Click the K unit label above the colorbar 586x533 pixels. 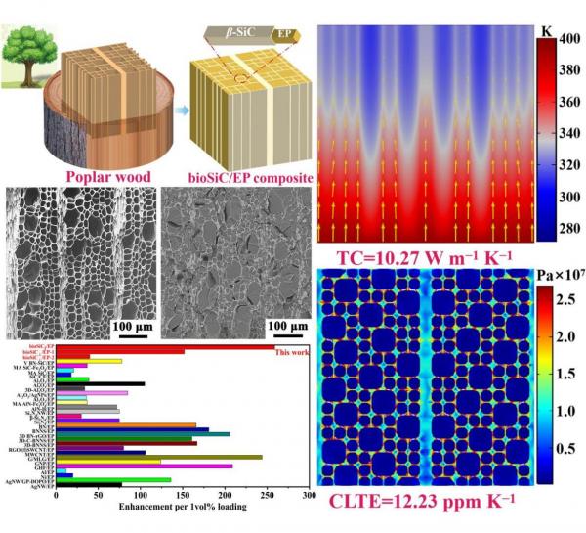click(545, 30)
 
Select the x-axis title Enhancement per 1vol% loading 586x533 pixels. click(183, 510)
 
